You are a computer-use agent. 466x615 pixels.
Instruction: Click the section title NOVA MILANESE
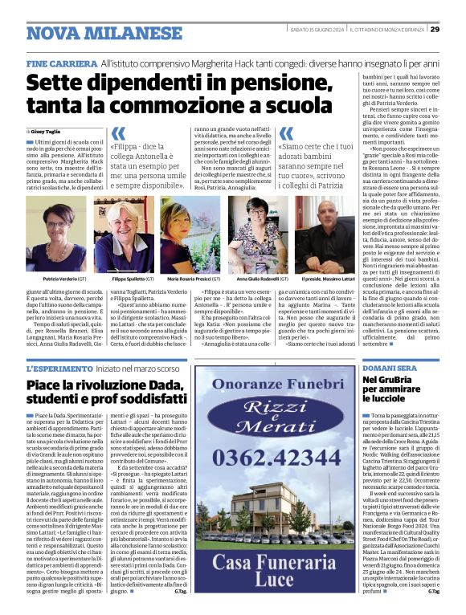coord(104,34)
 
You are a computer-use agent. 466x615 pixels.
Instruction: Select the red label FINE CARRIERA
coord(61,61)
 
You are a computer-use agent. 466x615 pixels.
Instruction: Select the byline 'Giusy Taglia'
coord(50,130)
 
